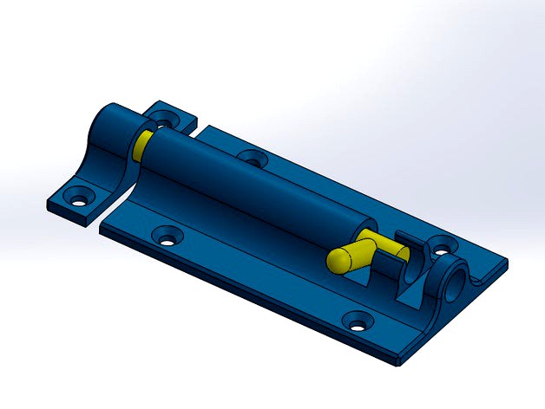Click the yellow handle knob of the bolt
pos(345,258)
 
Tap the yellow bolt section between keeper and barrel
pos(144,144)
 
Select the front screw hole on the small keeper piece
pos(80,195)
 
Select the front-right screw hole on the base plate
pos(356,323)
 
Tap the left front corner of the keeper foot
pos(47,204)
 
